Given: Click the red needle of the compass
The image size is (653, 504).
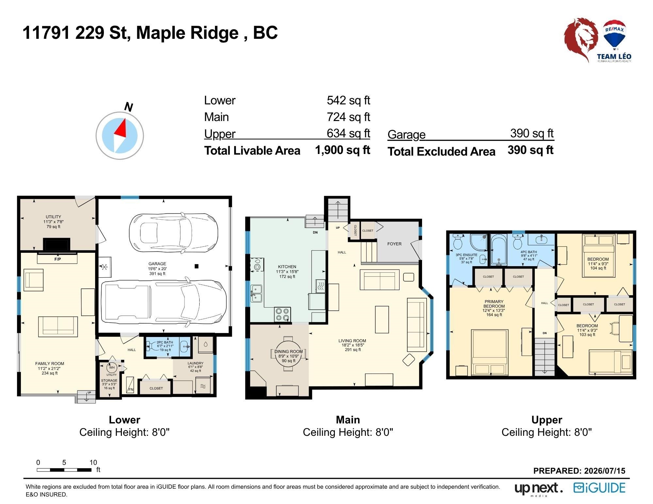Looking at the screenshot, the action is (x=121, y=129).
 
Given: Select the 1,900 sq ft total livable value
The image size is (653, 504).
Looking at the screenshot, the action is (x=342, y=150).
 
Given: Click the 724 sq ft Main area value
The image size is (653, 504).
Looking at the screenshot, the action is (x=348, y=117).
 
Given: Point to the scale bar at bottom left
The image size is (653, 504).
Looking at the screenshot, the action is (x=64, y=470).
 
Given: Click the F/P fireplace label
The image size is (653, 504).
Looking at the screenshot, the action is (x=57, y=259).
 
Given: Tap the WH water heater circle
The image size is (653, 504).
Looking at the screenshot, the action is (x=112, y=367).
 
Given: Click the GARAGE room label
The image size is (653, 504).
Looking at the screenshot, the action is (x=157, y=264).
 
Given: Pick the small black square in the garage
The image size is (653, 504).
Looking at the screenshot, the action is (x=196, y=266).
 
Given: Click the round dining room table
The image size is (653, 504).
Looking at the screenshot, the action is (x=288, y=354).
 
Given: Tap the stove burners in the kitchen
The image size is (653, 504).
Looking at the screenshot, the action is (x=283, y=314).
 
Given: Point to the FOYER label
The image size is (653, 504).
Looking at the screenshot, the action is (x=394, y=244).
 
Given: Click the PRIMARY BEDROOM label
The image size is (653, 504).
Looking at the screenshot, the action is (x=494, y=304).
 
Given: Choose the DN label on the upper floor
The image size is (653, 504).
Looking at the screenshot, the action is (x=545, y=333).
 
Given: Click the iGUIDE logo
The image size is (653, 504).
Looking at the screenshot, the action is (x=599, y=488).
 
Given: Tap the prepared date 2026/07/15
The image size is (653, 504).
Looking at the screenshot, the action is (x=605, y=471).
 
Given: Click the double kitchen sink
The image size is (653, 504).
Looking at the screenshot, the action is (x=256, y=293).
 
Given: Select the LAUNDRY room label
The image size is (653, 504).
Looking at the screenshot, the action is (x=195, y=363).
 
